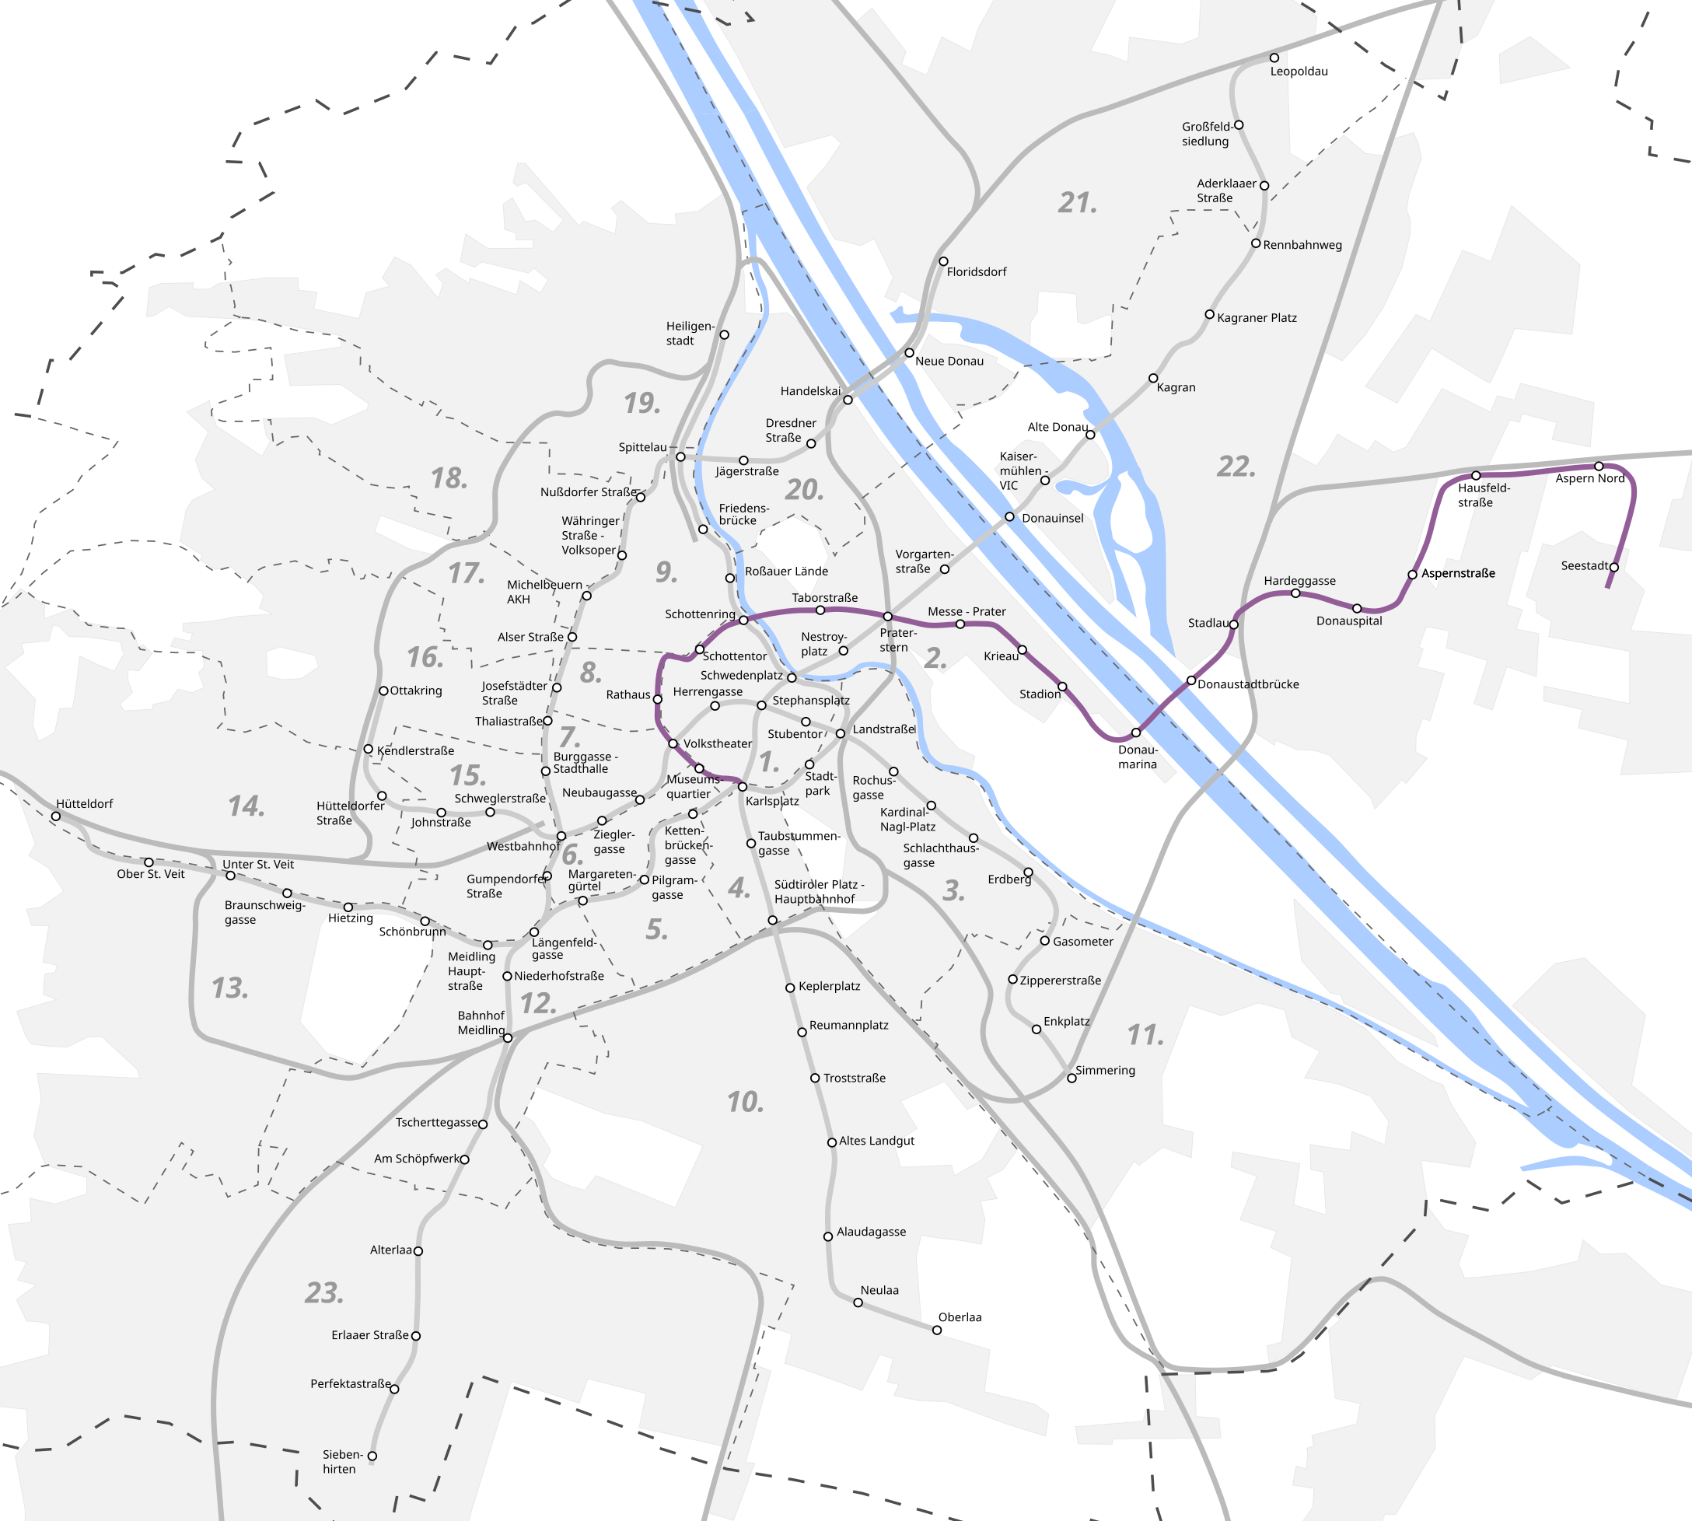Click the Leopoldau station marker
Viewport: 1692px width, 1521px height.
pos(1274,58)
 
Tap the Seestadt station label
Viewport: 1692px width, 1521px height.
pos(1584,566)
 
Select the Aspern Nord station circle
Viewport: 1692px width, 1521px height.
pos(1599,467)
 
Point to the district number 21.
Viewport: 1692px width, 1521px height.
pos(1077,202)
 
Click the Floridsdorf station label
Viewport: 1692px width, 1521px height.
pos(976,271)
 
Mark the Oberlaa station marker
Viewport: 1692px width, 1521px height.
pos(937,1330)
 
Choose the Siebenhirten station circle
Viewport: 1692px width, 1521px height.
pos(372,1456)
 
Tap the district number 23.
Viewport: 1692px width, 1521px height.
pos(324,1293)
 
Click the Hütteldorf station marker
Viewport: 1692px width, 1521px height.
pos(56,816)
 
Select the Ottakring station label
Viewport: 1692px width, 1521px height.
pos(416,691)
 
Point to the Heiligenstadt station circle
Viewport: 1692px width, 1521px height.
pos(725,335)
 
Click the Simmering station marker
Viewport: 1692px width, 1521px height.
pos(1071,1078)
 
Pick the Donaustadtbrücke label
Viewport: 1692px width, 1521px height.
pos(1248,684)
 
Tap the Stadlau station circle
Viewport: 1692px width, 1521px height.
pos(1233,624)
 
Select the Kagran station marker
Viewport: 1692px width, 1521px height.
pos(1153,379)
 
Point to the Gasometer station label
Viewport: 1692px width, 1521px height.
pos(1083,941)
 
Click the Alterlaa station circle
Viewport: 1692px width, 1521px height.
pos(418,1251)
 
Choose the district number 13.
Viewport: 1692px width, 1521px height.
pos(230,988)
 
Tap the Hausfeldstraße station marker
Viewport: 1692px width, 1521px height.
pos(1476,476)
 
